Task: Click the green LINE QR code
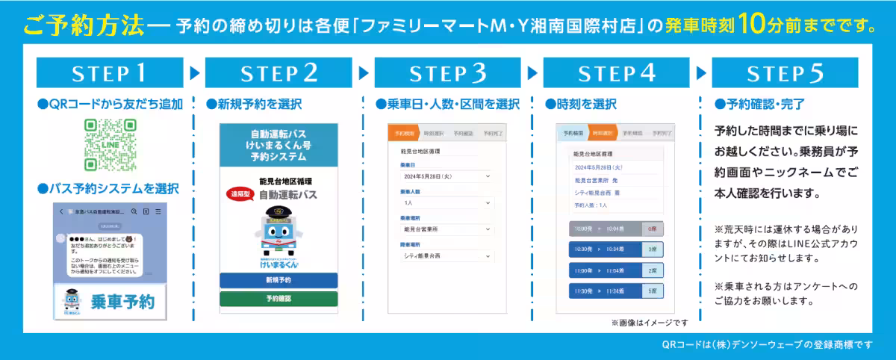111,145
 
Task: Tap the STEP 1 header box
110,73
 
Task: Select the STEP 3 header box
448,73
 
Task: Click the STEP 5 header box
785,73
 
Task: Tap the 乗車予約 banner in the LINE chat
110,302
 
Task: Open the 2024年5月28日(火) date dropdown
446,176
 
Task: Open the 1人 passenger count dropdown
446,202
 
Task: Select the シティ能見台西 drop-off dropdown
446,256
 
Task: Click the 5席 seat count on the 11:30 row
653,291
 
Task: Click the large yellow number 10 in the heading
755,24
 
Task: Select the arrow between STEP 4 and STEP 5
701,73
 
